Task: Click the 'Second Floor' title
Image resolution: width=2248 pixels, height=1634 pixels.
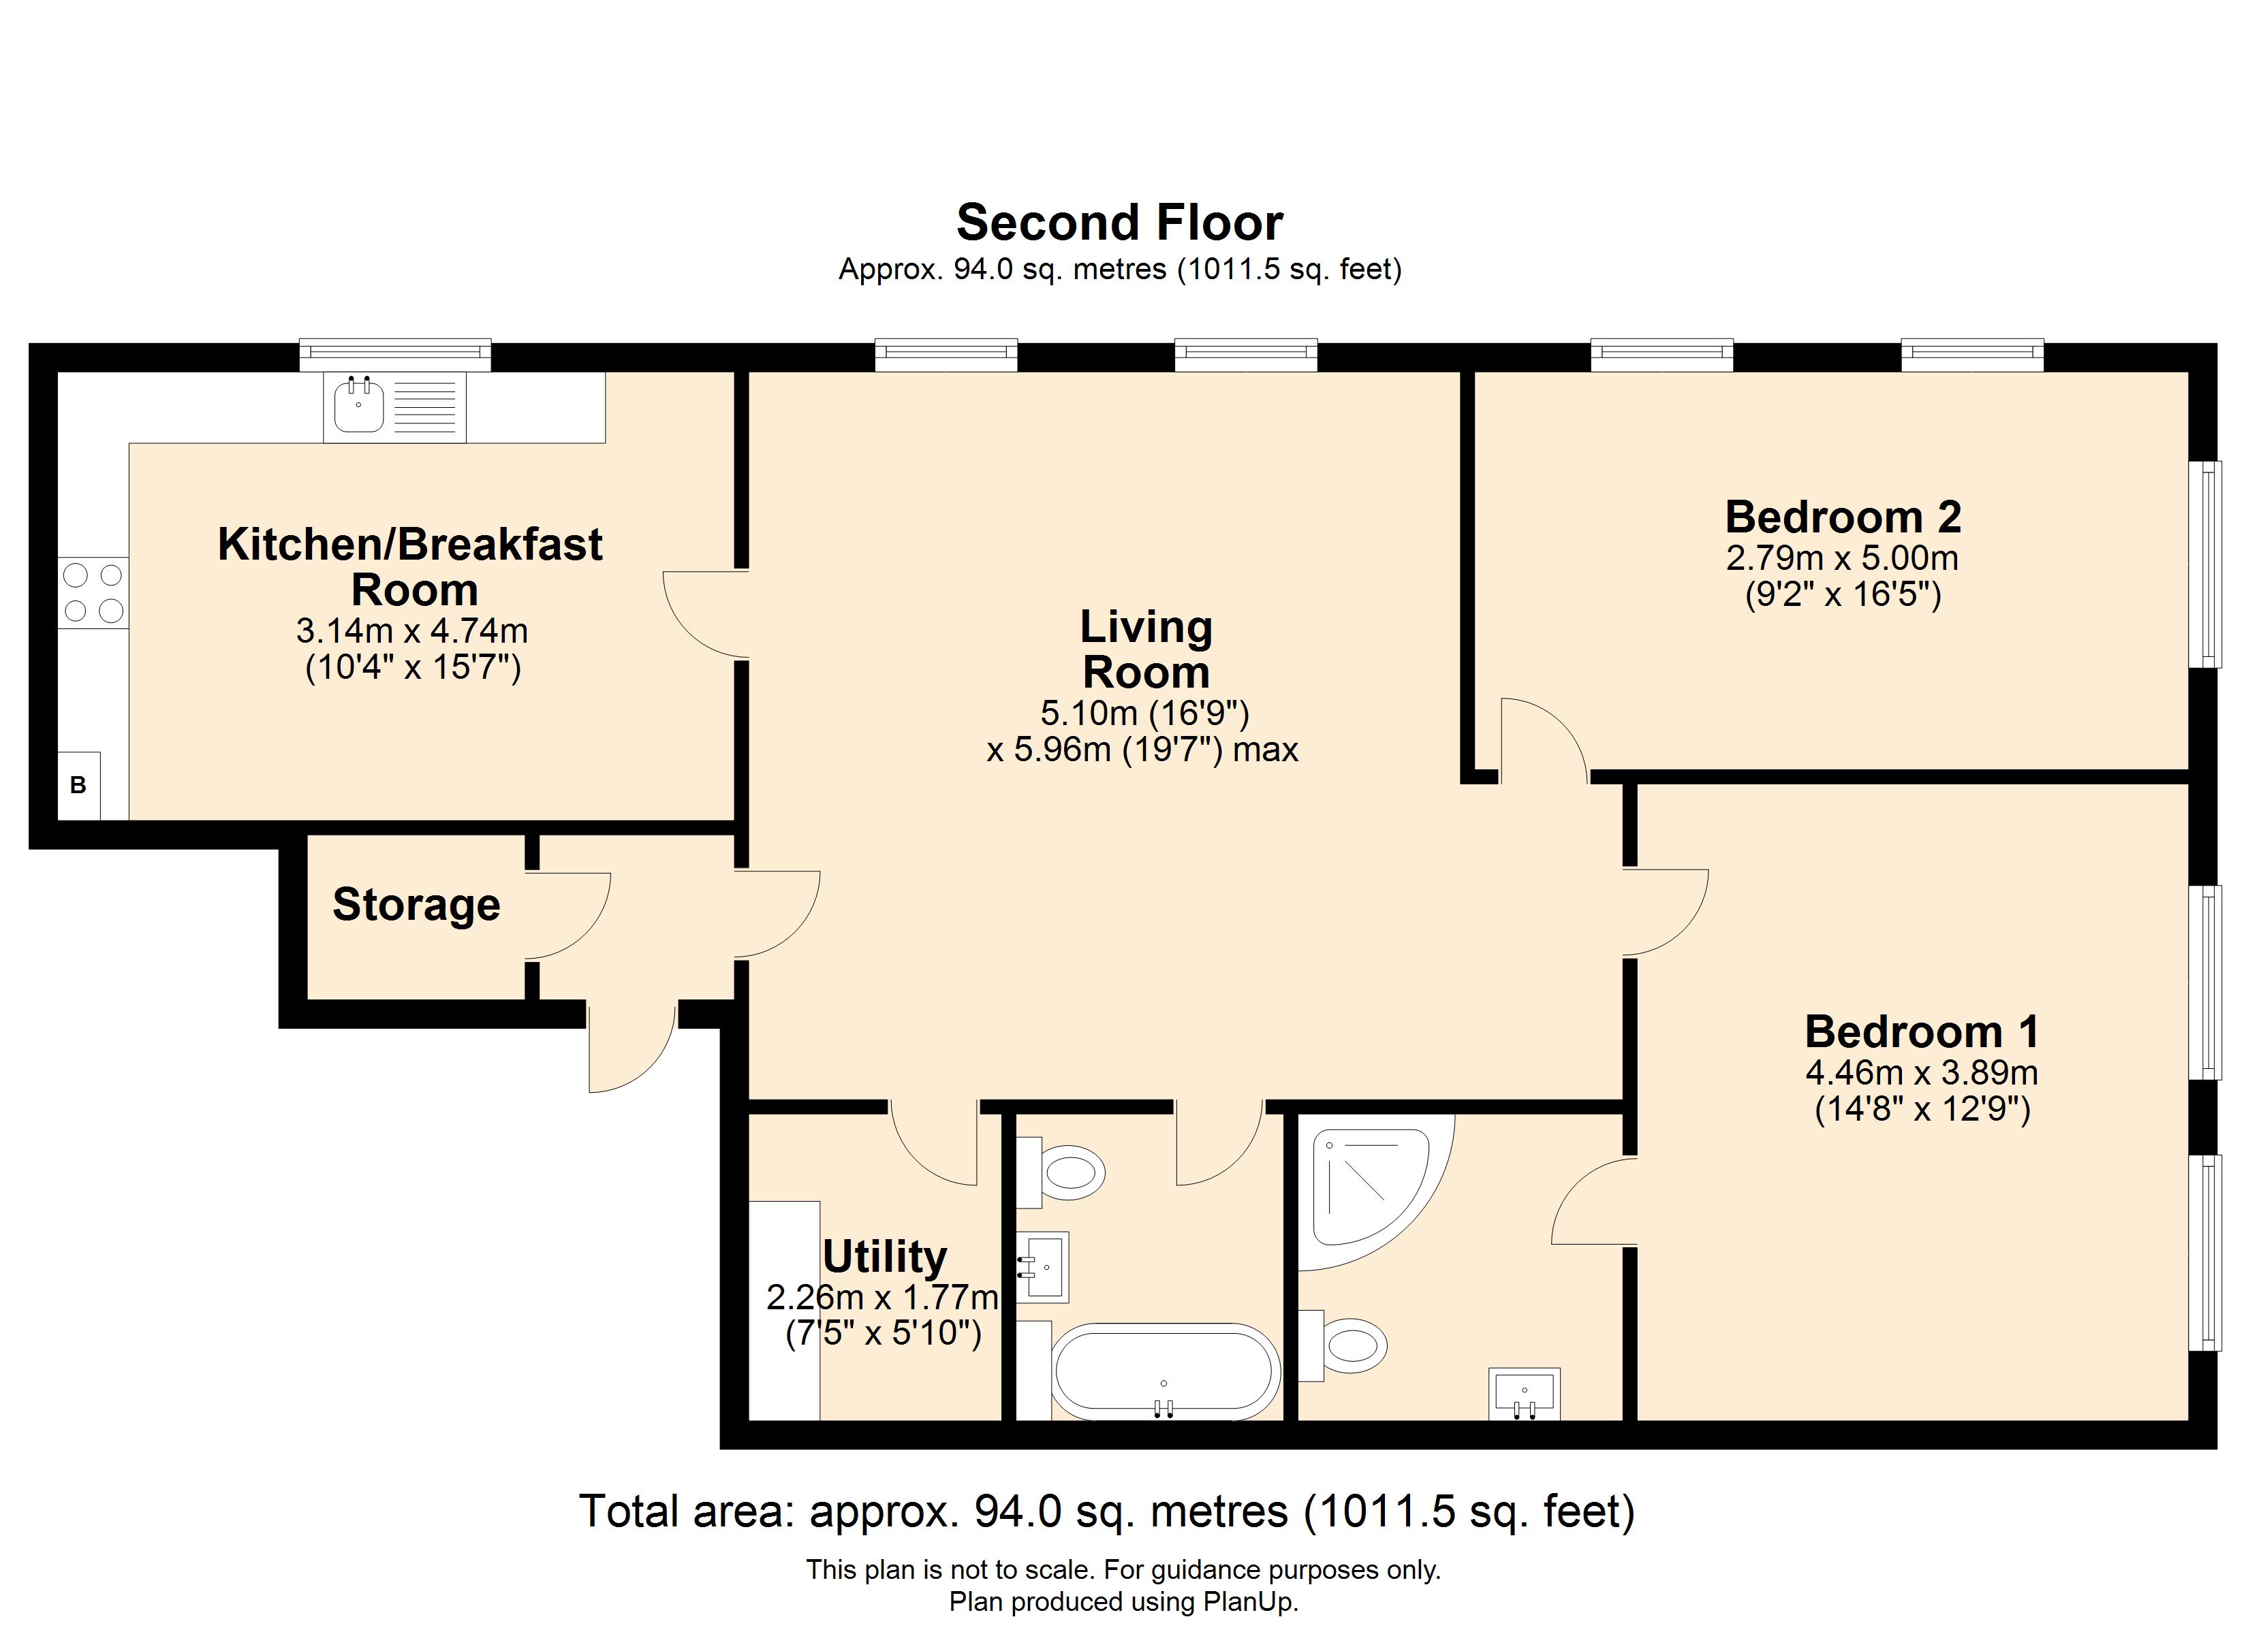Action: [1119, 222]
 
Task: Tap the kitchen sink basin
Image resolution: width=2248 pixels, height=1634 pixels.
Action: [359, 405]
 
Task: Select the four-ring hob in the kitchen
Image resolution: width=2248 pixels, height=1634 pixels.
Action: [93, 592]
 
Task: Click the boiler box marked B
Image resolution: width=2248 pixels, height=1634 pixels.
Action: [78, 786]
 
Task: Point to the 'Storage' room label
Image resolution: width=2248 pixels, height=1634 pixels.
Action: [416, 905]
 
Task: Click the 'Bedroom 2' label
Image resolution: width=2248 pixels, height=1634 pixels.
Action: [1843, 517]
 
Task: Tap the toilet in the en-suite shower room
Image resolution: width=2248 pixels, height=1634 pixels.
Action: [1343, 1345]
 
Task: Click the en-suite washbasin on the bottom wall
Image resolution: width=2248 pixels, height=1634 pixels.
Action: [1525, 1394]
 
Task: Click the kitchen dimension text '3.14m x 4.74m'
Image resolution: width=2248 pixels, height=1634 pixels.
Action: [412, 630]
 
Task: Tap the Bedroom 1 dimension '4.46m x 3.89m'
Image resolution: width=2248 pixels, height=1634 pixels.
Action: [1922, 1072]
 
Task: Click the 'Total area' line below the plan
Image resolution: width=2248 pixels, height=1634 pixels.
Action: [1107, 1512]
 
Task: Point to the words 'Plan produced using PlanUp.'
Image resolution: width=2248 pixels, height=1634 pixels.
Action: [1123, 1602]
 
